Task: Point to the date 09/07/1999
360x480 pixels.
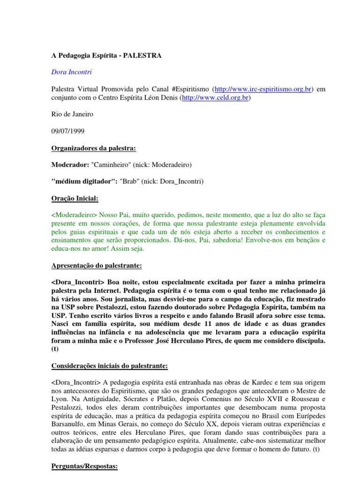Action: (x=67, y=132)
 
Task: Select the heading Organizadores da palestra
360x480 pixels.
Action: (x=93, y=149)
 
